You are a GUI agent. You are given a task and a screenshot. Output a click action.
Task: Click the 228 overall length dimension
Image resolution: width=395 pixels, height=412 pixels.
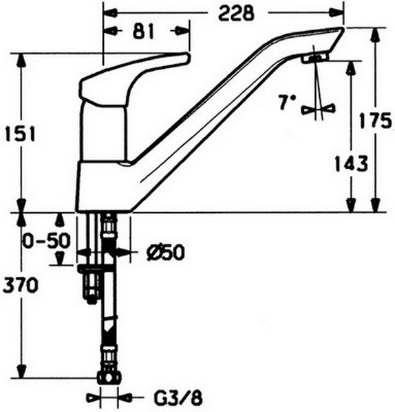tap(237, 14)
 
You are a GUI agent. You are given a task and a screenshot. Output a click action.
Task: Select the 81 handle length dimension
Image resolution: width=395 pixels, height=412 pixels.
tap(142, 32)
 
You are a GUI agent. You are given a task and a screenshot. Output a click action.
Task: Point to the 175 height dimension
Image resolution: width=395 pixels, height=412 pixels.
tap(375, 121)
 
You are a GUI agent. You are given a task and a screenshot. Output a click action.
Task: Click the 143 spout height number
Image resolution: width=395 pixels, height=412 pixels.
tap(351, 163)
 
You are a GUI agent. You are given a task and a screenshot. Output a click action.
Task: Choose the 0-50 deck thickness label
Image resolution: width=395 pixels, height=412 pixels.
tap(46, 240)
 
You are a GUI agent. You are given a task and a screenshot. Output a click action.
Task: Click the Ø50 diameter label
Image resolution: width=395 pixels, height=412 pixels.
tap(166, 253)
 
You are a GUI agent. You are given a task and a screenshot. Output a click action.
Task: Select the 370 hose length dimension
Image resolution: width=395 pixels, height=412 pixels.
tap(20, 286)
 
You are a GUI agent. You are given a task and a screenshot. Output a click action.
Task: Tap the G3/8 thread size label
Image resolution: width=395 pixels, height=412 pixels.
tap(178, 398)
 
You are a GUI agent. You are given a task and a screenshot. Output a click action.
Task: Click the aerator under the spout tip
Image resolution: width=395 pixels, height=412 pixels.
tap(315, 58)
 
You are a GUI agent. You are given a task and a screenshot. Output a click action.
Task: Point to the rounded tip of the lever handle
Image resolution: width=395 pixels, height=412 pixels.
tap(186, 58)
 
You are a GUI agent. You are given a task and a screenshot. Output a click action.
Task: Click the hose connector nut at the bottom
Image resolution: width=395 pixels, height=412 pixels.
tap(109, 378)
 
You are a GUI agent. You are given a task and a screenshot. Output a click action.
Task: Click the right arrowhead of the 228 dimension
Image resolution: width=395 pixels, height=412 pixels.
tap(338, 12)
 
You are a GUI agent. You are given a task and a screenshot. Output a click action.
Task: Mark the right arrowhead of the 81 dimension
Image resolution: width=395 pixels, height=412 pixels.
tap(183, 31)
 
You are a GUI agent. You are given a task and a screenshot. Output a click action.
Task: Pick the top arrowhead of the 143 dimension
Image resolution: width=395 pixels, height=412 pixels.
tap(350, 67)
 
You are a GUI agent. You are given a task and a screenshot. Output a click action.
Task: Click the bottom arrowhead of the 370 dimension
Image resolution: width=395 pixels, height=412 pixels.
tap(22, 371)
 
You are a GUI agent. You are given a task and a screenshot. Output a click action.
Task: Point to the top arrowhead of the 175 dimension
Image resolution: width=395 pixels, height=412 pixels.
tap(376, 34)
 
